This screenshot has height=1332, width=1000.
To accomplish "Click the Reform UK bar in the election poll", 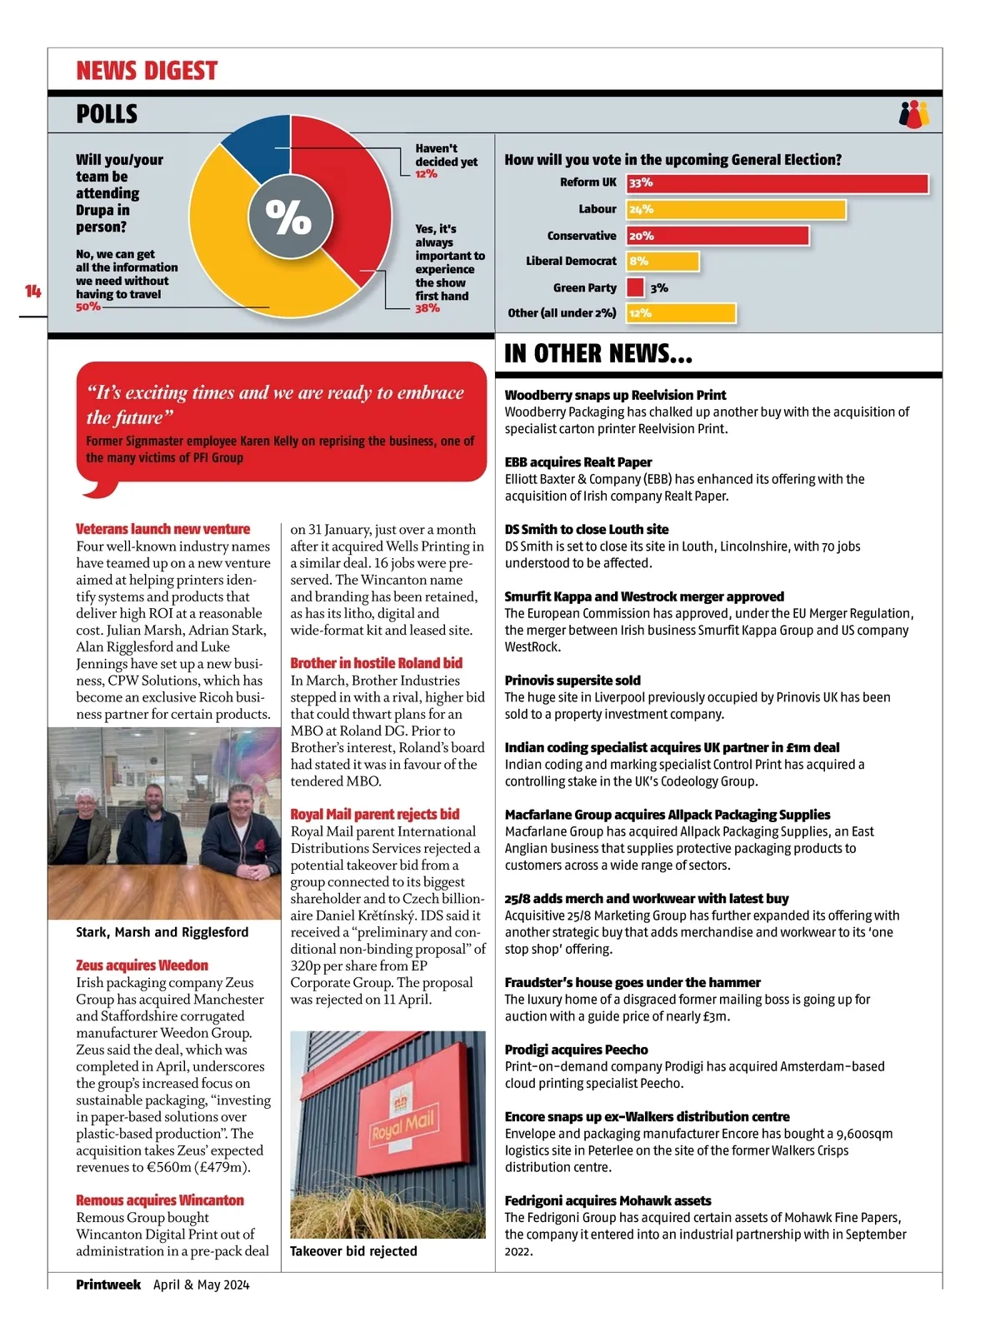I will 777,183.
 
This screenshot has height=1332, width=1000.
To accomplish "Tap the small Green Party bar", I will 635,287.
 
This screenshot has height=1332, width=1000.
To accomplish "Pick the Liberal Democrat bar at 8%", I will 662,262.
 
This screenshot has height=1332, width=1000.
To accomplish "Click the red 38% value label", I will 427,308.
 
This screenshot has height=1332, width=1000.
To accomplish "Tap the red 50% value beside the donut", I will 87,307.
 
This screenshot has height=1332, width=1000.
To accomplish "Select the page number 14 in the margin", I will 32,291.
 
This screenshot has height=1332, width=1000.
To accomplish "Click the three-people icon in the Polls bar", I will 914,114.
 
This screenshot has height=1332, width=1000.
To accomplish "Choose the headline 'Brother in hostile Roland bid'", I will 376,663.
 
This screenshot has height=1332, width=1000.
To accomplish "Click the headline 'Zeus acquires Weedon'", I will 142,965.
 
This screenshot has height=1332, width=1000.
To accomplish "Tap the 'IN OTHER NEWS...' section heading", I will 597,354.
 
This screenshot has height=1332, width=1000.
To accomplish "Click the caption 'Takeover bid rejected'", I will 353,1251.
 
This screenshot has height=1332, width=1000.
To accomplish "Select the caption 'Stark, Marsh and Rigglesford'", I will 162,932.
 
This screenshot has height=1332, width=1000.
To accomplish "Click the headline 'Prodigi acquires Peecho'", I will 576,1050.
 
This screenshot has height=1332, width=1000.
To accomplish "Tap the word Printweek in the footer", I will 108,1285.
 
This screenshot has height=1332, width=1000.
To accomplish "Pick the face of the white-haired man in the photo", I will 86,802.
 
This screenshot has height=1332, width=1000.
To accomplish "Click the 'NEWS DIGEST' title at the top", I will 147,71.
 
